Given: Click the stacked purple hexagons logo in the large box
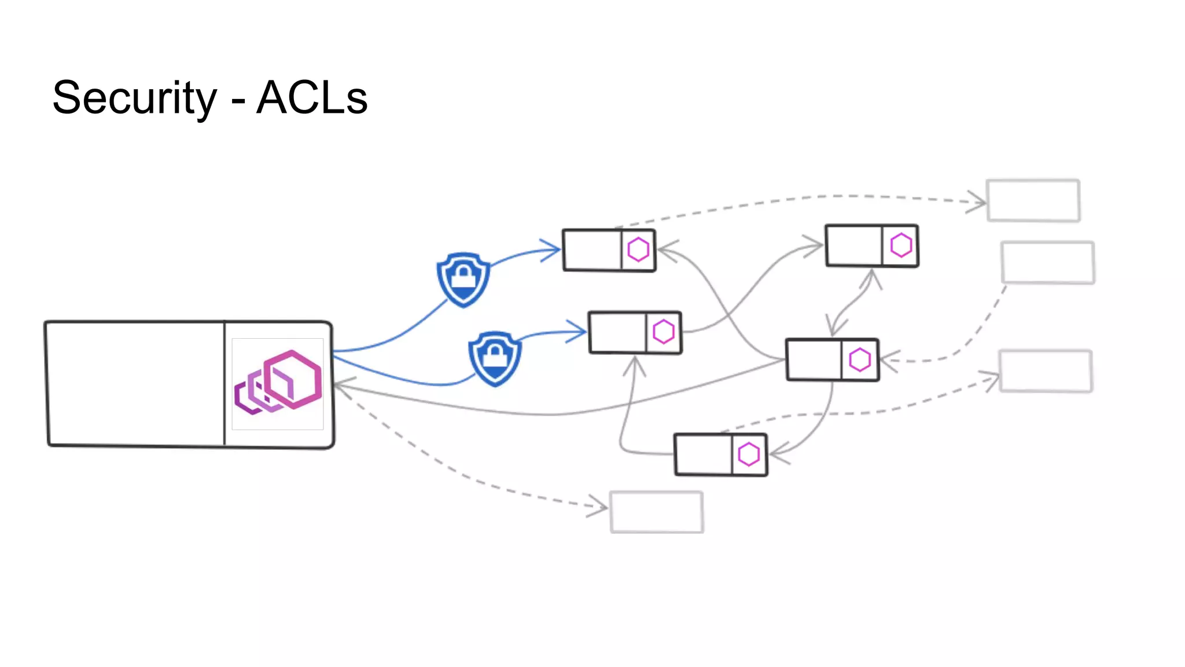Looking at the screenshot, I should pos(278,383).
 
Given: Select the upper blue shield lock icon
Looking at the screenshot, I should pos(463,279).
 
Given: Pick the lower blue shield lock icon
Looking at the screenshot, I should pos(495,358).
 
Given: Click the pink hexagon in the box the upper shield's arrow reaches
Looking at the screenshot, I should pos(638,250).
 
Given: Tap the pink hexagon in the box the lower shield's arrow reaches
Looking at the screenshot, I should pos(664,332).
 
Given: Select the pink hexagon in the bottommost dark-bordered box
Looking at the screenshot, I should pos(749,455).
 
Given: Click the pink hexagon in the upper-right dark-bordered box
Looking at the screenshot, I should pos(901,245).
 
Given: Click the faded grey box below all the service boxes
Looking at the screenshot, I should pos(657,512).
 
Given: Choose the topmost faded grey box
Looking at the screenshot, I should pos(1033,200).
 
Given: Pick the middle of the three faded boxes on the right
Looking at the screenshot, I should pos(1047,262).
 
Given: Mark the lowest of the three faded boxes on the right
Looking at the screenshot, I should pos(1046,371).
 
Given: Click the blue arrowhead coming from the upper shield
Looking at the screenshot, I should pos(553,250).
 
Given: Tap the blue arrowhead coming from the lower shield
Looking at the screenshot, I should pos(579,332).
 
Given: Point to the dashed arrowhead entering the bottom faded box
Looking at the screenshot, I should pos(599,507).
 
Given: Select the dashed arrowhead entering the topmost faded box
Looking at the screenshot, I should pos(978,202).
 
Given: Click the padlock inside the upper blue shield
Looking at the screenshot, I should pos(463,276).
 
